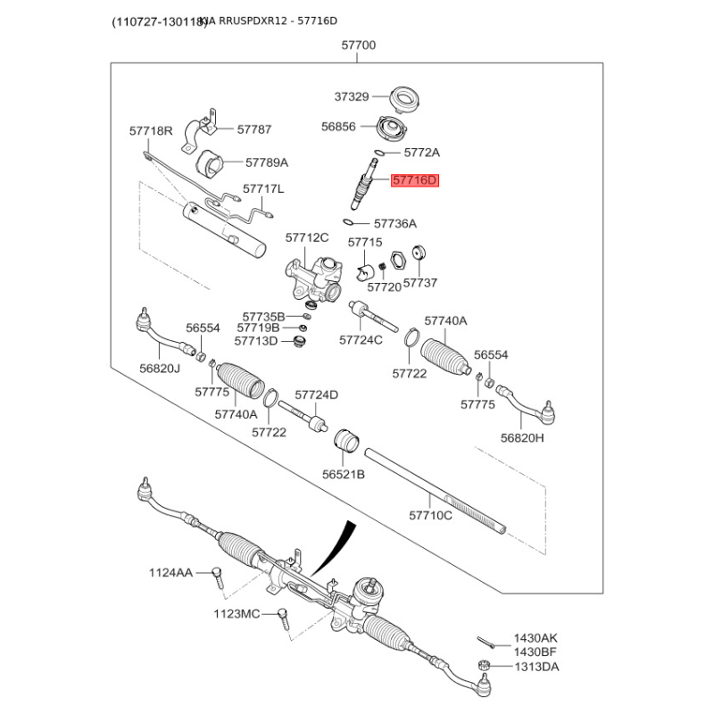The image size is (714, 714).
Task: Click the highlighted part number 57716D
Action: click(416, 181)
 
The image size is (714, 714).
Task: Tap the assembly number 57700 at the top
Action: click(358, 46)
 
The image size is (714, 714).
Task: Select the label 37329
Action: click(352, 97)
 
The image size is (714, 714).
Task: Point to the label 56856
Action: click(338, 128)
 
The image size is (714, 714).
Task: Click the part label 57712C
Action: click(307, 237)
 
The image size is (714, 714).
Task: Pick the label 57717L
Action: click(263, 189)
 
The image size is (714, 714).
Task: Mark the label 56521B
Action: click(344, 475)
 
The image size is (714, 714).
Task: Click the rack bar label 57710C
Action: click(431, 515)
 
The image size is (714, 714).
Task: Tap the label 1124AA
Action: click(170, 572)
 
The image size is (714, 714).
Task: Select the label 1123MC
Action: click(237, 613)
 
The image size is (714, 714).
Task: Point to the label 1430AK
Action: click(535, 639)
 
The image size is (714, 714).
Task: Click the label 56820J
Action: click(159, 369)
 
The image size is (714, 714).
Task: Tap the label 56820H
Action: click(522, 437)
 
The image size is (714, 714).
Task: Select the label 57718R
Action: click(151, 131)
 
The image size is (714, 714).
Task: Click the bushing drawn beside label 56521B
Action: click(346, 441)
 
